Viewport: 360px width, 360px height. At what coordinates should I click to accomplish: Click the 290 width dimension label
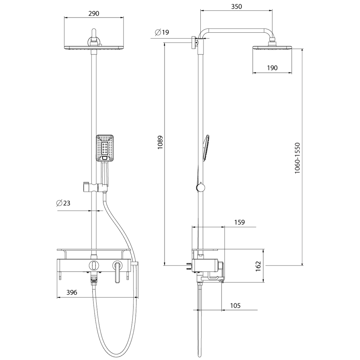point(94,14)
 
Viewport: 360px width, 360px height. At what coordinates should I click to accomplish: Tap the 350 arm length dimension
point(237,7)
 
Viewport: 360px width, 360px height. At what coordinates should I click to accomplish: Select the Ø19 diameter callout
point(162,32)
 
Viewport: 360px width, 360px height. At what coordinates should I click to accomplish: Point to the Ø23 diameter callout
point(63,203)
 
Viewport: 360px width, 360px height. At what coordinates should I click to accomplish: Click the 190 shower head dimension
point(272,68)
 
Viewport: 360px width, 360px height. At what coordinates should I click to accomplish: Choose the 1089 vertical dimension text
point(160,143)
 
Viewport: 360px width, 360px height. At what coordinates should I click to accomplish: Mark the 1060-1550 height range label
point(297,158)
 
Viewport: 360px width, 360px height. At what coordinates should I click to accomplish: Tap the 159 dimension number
point(239,222)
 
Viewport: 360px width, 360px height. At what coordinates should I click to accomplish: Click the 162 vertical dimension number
point(258,266)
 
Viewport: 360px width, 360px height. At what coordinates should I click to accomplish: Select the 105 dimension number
point(235,306)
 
